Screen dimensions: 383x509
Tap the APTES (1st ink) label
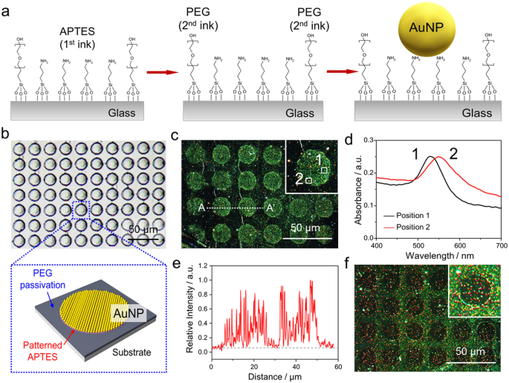[77, 37]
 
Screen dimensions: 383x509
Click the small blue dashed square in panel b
[81, 210]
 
